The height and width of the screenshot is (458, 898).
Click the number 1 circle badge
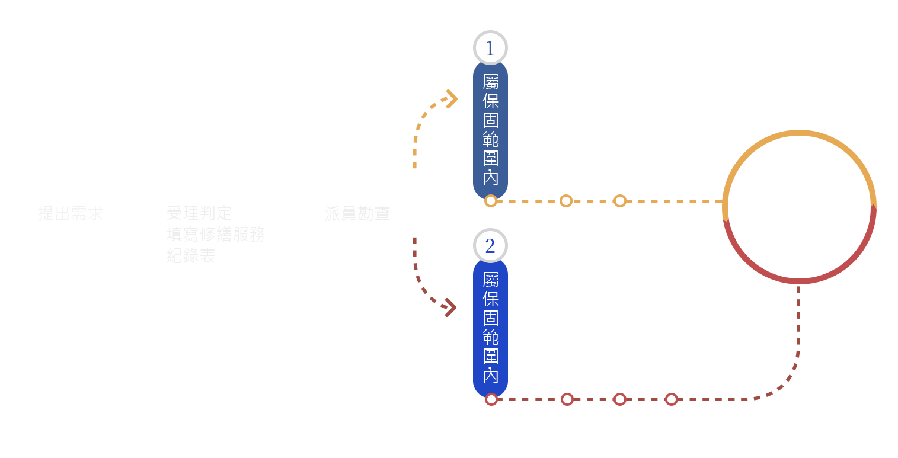coord(490,48)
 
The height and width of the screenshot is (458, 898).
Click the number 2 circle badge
coord(490,246)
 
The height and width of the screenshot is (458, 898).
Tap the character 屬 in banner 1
coord(490,82)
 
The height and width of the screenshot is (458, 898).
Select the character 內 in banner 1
coord(490,177)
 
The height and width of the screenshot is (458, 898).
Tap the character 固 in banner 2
coord(490,318)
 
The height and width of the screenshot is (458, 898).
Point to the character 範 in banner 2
coord(490,337)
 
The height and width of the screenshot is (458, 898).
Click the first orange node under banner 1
coord(490,201)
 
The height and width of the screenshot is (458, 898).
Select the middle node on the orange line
coord(566,201)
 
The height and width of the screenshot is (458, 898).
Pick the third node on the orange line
coord(620,201)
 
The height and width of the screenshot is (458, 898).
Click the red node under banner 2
coord(491,399)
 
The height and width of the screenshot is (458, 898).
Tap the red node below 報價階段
coord(567,399)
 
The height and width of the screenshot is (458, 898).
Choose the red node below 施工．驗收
coord(620,399)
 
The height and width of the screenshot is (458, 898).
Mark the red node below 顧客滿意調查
coord(671,399)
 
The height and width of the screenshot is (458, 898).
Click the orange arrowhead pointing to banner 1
coord(452,99)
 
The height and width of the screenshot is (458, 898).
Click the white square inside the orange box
coord(798,194)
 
